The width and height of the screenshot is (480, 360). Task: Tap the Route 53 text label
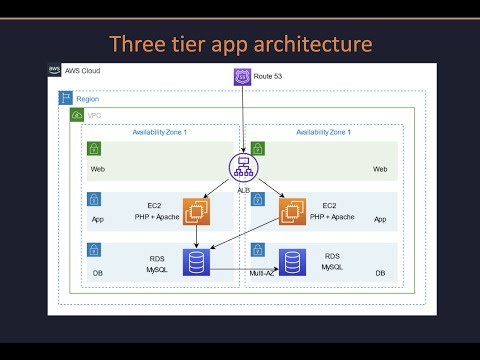pyautogui.click(x=268, y=76)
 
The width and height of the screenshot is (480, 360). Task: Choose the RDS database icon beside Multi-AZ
pyautogui.click(x=293, y=262)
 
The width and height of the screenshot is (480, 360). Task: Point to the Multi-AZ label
pyautogui.click(x=262, y=272)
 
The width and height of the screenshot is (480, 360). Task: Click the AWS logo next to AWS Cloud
pyautogui.click(x=56, y=71)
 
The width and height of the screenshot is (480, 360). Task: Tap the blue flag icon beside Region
pyautogui.click(x=66, y=99)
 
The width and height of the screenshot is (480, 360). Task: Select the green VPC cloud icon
pyautogui.click(x=77, y=116)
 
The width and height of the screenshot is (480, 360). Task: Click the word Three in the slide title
pyautogui.click(x=135, y=44)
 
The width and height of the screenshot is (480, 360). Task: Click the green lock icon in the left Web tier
pyautogui.click(x=94, y=148)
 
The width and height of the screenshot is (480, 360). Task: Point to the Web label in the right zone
pyautogui.click(x=379, y=169)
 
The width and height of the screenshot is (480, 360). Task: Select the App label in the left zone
pyautogui.click(x=98, y=219)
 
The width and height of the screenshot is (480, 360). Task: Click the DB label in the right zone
pyautogui.click(x=380, y=272)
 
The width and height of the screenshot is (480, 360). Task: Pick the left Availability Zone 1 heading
pyautogui.click(x=160, y=132)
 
